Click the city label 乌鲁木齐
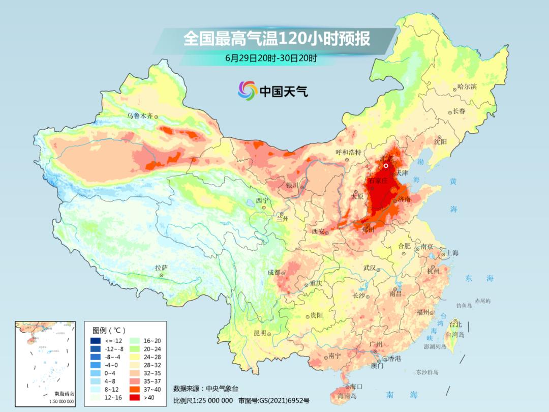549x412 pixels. pos(139,116)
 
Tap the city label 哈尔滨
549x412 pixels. pos(467,86)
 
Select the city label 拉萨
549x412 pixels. pos(161,268)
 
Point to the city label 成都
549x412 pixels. pos(274,272)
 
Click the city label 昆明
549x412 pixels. pos(259,333)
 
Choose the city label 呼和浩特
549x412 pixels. pos(348,152)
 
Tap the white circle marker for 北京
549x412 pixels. pos(386,165)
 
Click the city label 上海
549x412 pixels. pos(452,253)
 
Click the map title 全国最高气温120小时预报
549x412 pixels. pos(277,39)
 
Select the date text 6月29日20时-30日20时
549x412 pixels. pos(271,58)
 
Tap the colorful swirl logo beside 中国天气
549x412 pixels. pos(247,91)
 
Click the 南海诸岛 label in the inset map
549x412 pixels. pos(64,394)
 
